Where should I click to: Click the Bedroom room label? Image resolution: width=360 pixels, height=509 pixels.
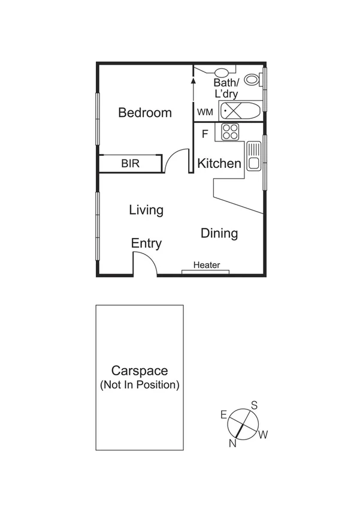coord(145,113)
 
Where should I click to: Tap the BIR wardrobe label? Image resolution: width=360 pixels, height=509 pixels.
coord(131,163)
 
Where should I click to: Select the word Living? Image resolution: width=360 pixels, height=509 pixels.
coord(146,210)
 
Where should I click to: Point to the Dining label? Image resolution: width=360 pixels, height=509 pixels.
coord(219,233)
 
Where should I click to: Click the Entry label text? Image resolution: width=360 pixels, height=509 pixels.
coord(146,243)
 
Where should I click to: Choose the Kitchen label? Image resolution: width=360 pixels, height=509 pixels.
coord(219,163)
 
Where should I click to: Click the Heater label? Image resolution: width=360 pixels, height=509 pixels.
coord(207,265)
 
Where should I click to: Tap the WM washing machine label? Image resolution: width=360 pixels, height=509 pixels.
coord(204,112)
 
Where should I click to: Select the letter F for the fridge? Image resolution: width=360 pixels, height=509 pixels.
coord(204,134)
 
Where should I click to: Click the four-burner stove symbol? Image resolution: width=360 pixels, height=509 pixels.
coord(230,132)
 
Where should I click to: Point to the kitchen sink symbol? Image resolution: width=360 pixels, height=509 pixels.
coord(253,155)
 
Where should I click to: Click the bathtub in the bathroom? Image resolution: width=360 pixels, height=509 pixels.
coord(240,110)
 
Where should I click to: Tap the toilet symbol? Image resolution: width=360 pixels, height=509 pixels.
coord(253,79)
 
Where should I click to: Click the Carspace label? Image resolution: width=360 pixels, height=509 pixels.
coord(140,371)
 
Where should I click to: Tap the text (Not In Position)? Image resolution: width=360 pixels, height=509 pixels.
coord(140,385)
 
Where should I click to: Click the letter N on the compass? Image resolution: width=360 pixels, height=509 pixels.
coord(232,444)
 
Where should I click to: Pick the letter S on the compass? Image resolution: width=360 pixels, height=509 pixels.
coord(254,405)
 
